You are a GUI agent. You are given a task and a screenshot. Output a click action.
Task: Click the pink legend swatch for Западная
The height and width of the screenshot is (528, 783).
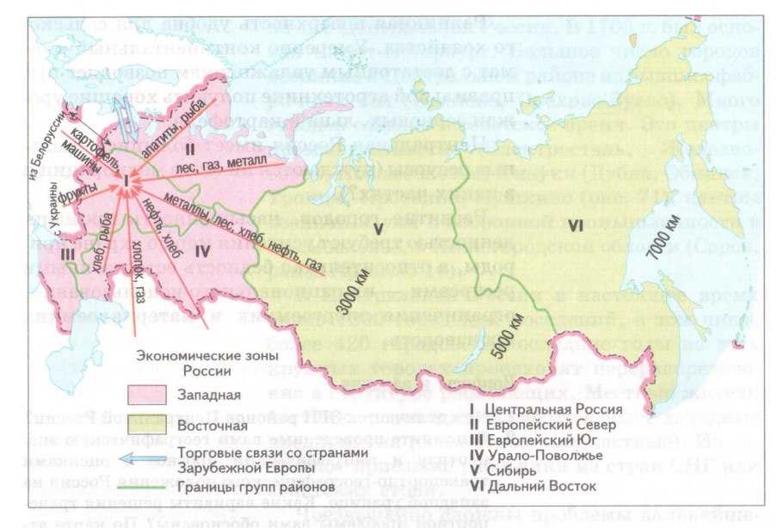point(151,395)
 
